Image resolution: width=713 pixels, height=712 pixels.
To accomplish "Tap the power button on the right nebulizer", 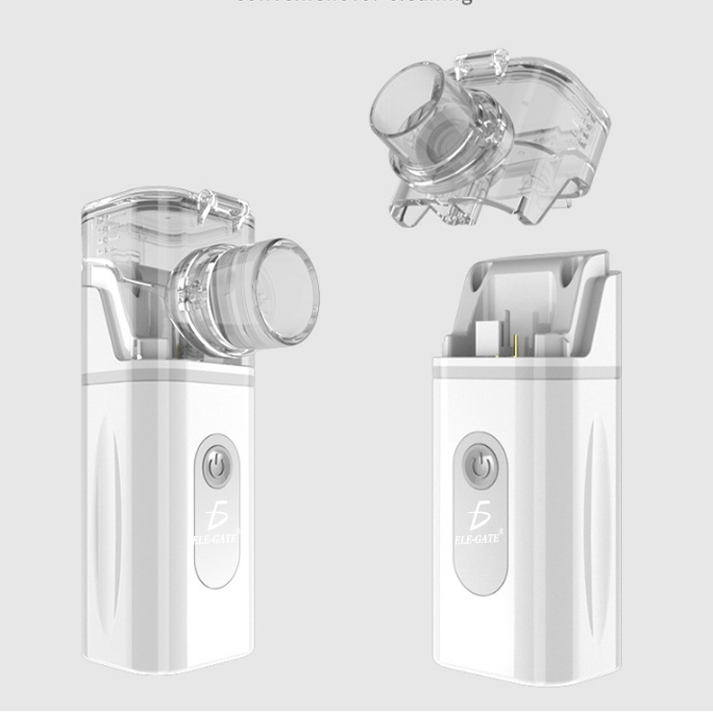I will click(x=479, y=467).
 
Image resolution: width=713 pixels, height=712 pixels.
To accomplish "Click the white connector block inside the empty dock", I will click(x=490, y=337).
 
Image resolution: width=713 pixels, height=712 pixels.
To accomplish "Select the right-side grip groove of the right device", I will click(x=602, y=519).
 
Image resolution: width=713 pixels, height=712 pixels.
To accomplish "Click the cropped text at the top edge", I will click(x=356, y=3).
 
